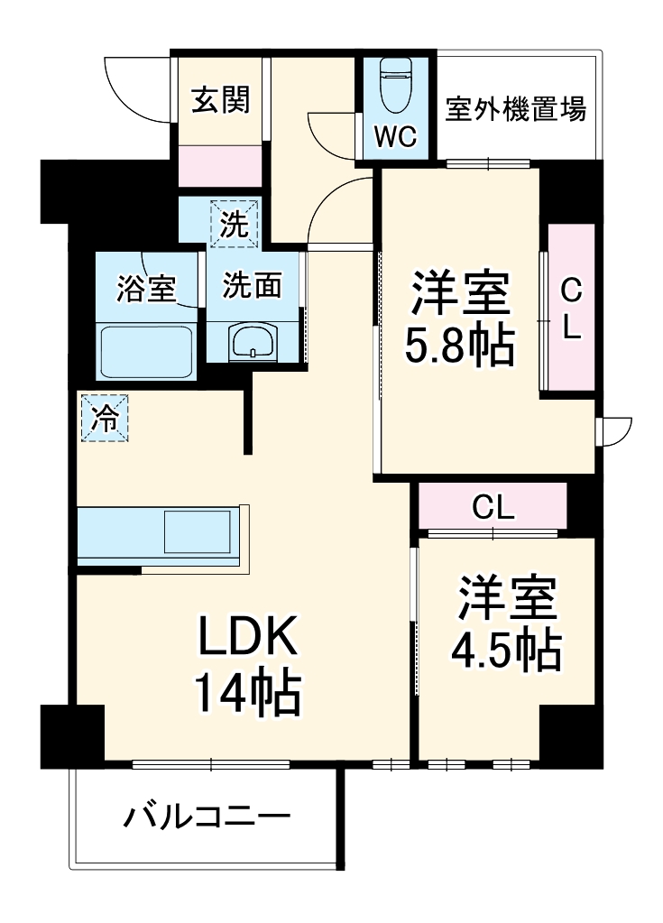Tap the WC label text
click(394, 137)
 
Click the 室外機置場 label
click(515, 110)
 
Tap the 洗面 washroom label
click(252, 285)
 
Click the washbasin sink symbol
click(254, 342)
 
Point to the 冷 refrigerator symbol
click(106, 418)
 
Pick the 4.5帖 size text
click(506, 650)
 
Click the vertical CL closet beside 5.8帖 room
click(571, 308)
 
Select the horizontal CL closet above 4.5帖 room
click(493, 507)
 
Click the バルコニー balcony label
click(207, 819)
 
